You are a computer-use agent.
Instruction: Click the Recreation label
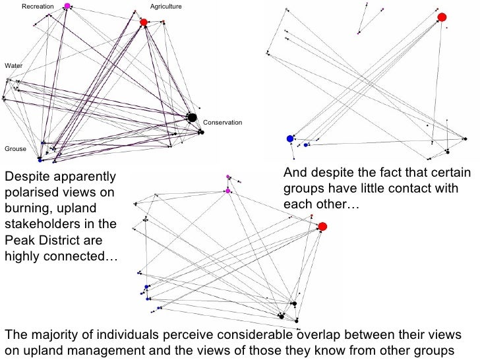[38, 6]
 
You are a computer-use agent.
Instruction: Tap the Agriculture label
[165, 6]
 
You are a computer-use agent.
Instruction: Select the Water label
[13, 66]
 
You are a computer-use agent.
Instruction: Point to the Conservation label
[223, 123]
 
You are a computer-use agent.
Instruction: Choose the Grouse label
[15, 149]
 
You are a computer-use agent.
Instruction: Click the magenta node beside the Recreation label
[67, 6]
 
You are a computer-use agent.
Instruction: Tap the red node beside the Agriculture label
[144, 22]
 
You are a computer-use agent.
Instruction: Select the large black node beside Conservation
[192, 117]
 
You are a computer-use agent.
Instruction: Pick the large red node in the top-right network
[442, 17]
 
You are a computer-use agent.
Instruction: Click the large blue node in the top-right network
[289, 138]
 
